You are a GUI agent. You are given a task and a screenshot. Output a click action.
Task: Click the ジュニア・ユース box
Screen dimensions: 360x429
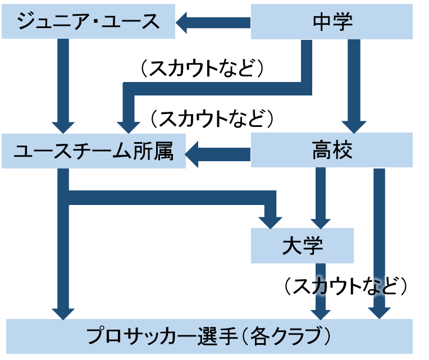[88, 22]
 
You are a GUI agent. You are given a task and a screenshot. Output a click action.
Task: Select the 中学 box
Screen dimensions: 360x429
[332, 22]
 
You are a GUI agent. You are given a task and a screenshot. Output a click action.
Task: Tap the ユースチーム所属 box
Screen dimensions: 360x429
[93, 151]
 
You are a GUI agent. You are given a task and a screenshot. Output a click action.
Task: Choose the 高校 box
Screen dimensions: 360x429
[332, 151]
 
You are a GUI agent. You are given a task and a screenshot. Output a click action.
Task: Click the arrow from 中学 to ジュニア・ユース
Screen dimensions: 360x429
[213, 22]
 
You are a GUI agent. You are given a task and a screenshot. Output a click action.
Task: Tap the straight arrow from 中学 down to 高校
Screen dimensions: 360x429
[354, 84]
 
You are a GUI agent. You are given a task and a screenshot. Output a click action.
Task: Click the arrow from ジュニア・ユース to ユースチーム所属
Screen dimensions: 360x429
[63, 84]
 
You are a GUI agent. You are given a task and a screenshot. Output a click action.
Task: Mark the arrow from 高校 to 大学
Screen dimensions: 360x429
[321, 197]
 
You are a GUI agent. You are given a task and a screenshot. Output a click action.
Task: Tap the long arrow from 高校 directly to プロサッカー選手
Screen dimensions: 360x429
[380, 241]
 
